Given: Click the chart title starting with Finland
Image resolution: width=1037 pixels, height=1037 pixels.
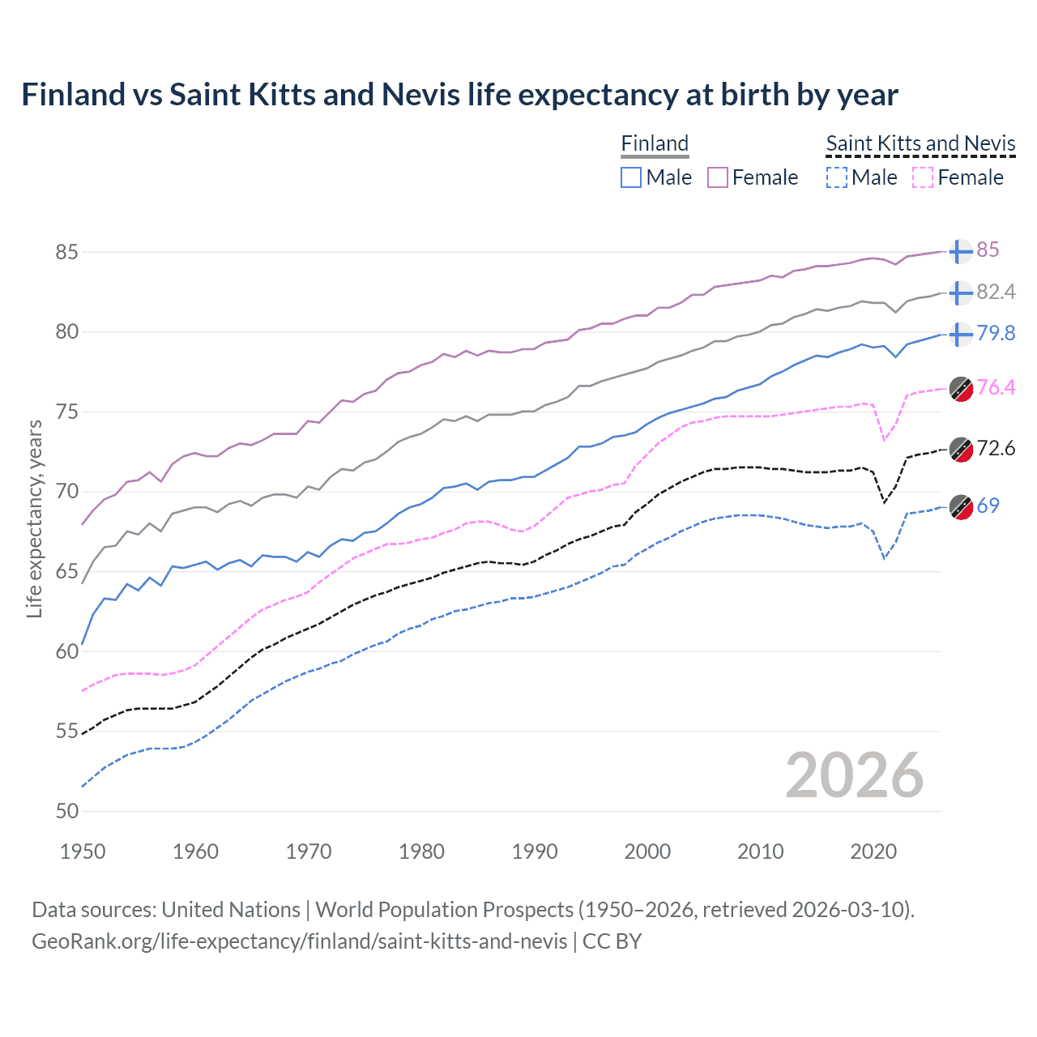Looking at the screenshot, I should pos(459,95).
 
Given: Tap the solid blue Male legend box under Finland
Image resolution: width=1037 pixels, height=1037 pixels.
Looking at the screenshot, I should pos(631,177).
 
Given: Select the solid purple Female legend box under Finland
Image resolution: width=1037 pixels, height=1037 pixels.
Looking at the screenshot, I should pos(718,177).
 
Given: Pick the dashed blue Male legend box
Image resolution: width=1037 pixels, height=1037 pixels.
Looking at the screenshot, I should pos(837,177).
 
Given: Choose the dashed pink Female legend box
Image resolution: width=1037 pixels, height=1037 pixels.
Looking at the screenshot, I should pos(923,177).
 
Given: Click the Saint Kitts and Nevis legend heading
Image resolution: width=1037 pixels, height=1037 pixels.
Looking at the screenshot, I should pos(920,143).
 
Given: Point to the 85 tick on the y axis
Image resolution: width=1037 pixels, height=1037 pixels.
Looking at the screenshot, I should pos(66,252).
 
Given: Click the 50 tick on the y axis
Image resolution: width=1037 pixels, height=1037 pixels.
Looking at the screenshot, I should pos(66,811).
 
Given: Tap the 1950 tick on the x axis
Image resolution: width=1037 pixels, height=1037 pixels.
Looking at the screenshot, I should pos(83,851).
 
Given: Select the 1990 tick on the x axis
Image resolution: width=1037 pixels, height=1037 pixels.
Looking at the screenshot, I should pos(535,851).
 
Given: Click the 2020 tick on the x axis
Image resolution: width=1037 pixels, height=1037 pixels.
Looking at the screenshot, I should pos(873,851).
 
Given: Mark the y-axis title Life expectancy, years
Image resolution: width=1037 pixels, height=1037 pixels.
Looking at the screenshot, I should pos(34,518).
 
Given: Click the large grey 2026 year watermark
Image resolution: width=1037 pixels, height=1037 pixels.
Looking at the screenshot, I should pos(854,775).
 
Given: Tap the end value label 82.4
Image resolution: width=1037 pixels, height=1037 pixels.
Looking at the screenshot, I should pos(996,292).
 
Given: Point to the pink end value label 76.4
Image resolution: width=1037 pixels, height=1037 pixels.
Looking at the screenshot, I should pos(996,387).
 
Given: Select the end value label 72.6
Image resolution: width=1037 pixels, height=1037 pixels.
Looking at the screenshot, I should pos(996,448).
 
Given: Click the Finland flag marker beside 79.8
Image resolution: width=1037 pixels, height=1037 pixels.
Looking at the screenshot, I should pos(961,334).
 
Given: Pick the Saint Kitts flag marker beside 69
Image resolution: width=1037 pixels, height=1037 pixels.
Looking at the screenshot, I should pos(961,506).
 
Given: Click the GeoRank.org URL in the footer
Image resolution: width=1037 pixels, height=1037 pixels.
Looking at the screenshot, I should pos(300,941).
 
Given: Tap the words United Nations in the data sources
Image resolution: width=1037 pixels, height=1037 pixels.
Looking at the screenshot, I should pos(231,910).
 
